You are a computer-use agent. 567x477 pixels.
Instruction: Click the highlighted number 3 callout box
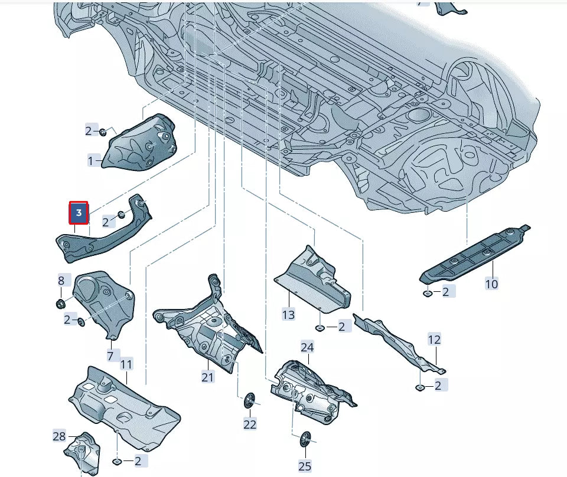(x=79, y=212)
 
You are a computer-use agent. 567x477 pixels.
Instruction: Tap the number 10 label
(x=491, y=284)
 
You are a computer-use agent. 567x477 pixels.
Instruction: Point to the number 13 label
(x=288, y=315)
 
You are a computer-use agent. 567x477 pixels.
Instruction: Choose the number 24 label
(x=307, y=347)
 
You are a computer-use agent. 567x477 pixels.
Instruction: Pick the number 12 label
(x=434, y=340)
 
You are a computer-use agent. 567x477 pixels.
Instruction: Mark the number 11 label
(x=126, y=364)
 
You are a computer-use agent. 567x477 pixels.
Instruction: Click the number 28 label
(x=59, y=436)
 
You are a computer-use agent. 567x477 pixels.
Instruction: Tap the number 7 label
(x=110, y=356)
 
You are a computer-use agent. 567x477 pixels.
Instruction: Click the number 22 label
(x=250, y=424)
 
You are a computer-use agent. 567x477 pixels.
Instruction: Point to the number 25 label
(x=305, y=466)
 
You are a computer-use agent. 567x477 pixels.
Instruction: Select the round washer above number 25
(x=305, y=439)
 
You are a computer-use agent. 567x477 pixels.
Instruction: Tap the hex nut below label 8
(x=60, y=304)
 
